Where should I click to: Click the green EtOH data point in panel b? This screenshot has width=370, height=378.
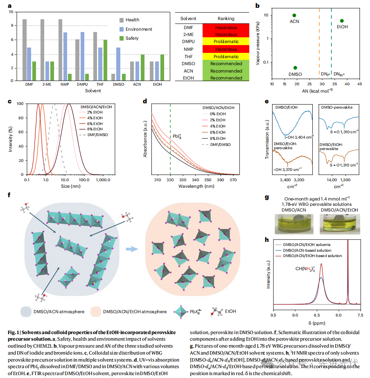pos(342,21)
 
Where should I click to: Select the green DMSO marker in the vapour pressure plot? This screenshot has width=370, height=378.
pos(295,68)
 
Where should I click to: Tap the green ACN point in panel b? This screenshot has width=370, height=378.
pos(294,15)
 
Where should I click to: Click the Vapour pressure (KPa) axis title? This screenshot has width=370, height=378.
pos(257,45)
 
